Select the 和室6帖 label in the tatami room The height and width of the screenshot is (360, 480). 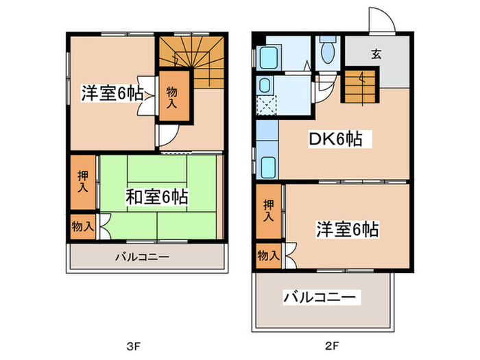[x=157, y=197]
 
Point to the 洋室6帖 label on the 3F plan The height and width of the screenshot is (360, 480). [x=112, y=93]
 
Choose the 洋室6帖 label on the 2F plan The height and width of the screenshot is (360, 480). [x=348, y=229]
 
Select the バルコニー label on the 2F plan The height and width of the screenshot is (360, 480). [x=320, y=297]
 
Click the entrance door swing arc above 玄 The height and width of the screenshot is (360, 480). [x=381, y=21]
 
